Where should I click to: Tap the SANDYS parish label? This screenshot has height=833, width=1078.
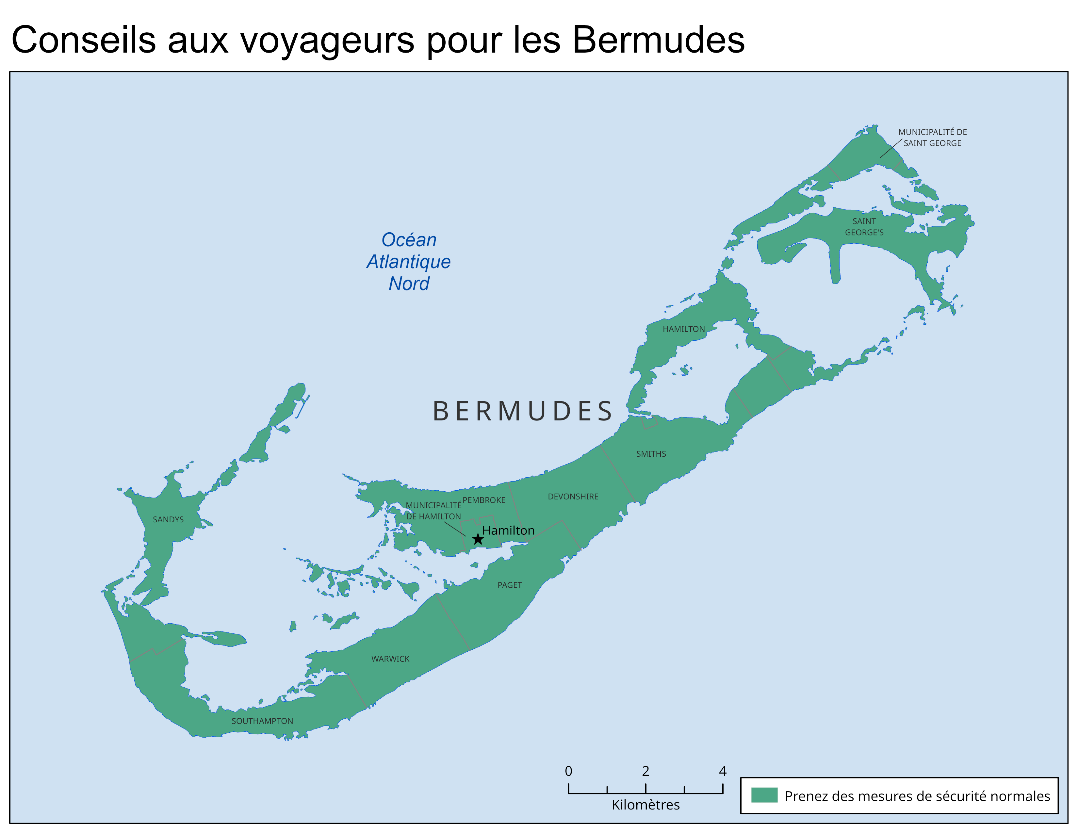point(168,520)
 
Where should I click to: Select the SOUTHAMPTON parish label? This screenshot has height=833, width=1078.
point(262,721)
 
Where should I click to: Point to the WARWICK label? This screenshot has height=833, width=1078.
point(390,659)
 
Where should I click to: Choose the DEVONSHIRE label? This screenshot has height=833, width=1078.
point(573,497)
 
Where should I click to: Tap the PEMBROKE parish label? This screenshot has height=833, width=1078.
point(484,500)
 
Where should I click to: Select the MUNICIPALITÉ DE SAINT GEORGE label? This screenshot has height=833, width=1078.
point(932,138)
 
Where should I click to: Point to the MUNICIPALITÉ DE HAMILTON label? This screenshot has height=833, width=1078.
point(433,511)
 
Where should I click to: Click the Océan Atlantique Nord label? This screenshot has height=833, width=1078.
point(409,262)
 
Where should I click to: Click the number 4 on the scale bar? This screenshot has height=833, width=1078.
point(723,771)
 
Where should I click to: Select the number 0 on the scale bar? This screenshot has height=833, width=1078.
point(569,771)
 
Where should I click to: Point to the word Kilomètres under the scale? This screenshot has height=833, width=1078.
point(645,805)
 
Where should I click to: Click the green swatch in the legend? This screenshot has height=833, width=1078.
point(764,795)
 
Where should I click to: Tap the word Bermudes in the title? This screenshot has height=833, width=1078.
point(658,40)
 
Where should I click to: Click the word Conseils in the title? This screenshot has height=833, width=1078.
point(83,40)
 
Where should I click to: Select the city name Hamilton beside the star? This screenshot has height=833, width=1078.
point(508,531)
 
